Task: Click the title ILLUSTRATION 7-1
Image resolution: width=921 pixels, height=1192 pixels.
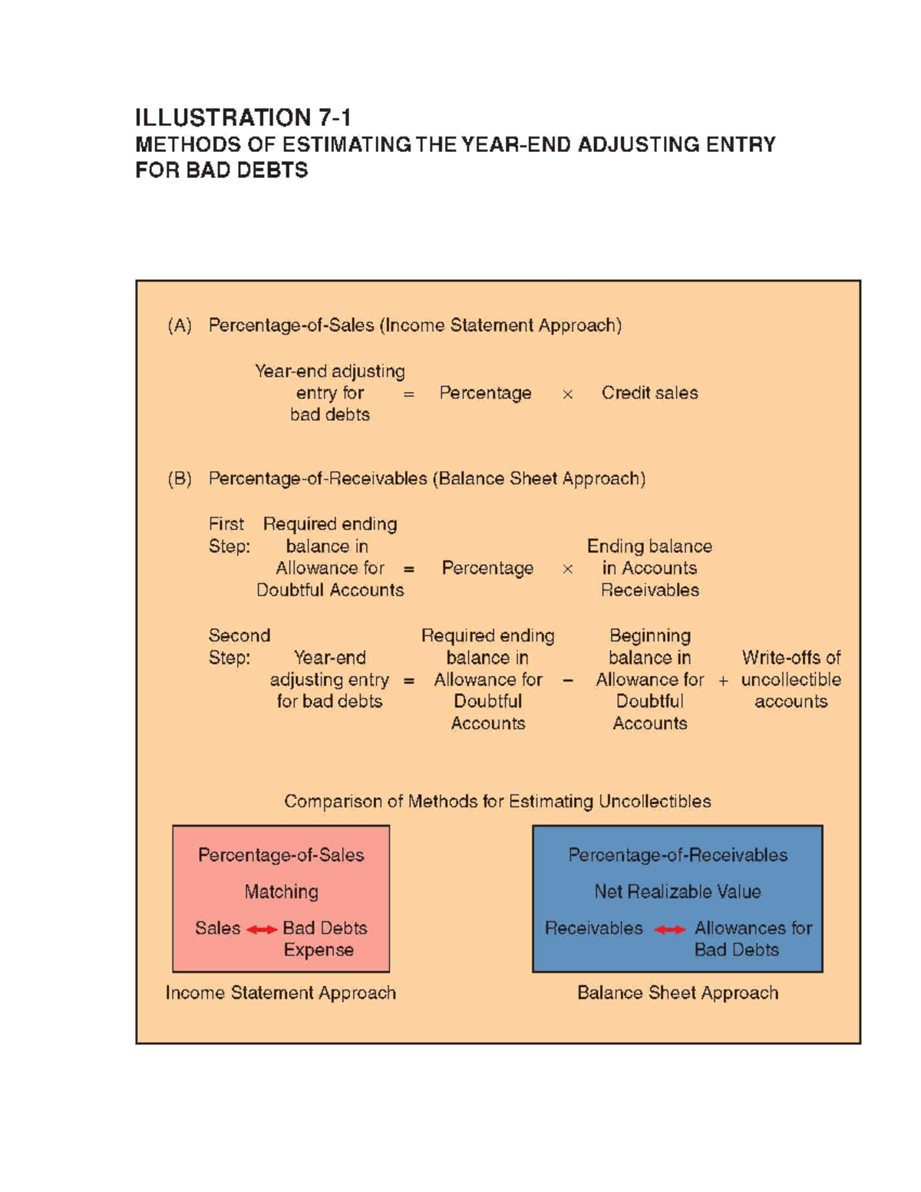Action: pos(243,117)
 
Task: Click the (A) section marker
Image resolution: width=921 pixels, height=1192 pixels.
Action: pos(180,325)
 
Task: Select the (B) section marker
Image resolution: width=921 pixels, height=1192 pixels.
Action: pos(180,479)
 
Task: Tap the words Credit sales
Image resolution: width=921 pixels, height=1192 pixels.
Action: pos(649,393)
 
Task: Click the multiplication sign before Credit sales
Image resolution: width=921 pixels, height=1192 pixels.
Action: pos(567,394)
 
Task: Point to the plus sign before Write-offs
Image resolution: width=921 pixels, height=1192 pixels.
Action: pos(723,681)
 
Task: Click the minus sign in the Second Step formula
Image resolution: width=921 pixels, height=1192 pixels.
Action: pos(567,680)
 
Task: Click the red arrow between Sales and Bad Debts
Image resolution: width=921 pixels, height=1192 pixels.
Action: pos(262,929)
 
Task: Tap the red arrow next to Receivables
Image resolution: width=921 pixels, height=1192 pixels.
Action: pos(669,929)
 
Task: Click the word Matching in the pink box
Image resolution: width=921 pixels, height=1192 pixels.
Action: pos(281,892)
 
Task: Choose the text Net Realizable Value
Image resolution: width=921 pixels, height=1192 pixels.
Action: pos(677,892)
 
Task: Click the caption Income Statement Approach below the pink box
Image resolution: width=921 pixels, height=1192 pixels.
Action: pos(281,993)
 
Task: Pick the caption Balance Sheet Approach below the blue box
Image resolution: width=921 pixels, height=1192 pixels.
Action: pos(677,993)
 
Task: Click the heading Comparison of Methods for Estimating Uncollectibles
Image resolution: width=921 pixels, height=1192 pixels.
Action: pos(497,801)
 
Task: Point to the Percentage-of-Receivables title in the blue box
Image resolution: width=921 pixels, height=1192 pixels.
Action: pos(677,855)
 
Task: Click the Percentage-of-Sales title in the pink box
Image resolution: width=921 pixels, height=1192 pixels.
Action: pos(281,855)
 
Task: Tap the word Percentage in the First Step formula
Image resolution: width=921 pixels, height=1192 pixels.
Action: pos(487,568)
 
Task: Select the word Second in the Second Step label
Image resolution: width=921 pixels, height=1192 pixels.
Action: pos(239,636)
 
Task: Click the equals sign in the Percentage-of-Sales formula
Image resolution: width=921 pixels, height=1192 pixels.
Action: pos(408,394)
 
